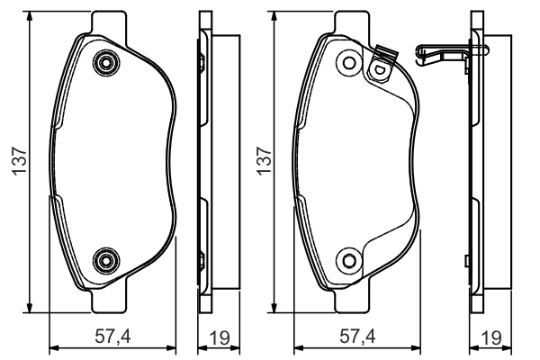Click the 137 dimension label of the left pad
(20, 161)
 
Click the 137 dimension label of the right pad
(265, 161)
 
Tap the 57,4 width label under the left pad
(113, 337)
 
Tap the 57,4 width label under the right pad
(357, 337)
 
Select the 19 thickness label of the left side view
(220, 338)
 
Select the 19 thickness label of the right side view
(491, 338)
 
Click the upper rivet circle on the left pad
(106, 63)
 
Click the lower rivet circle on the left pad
(106, 261)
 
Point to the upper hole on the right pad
(349, 63)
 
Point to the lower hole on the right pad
(349, 261)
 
